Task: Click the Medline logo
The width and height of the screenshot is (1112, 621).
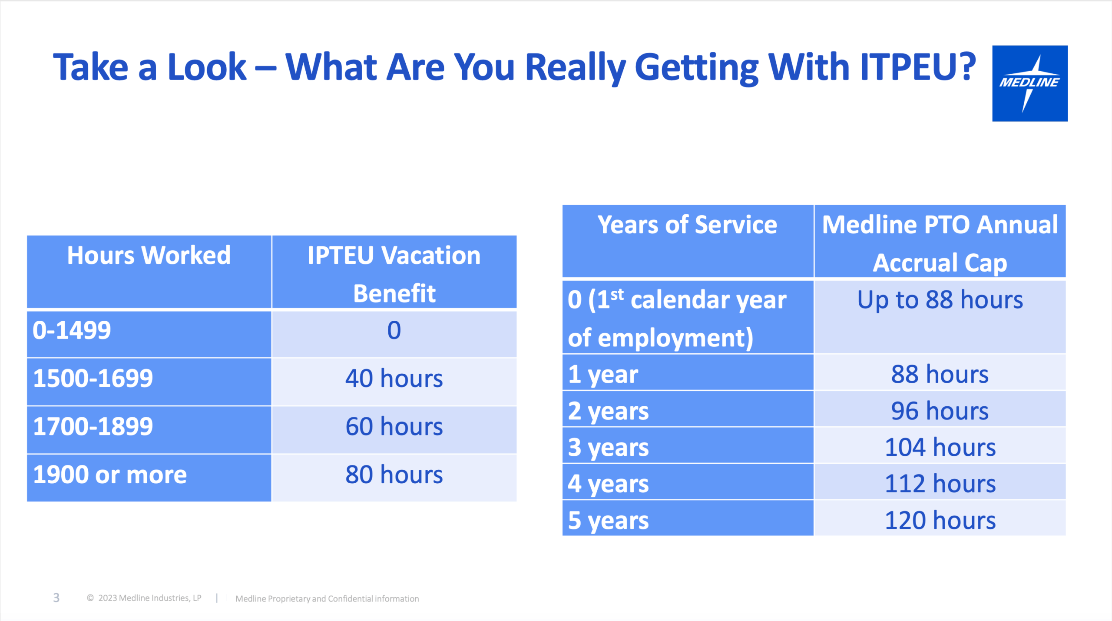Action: click(x=1029, y=83)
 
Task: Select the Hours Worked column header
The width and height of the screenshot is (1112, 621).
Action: click(x=149, y=255)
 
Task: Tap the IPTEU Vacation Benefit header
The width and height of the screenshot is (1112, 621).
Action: click(x=394, y=274)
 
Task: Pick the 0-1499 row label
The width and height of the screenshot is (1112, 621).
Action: click(x=72, y=330)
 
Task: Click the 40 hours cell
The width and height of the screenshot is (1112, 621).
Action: click(x=394, y=378)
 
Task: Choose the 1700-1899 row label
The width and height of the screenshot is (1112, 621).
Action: click(x=93, y=426)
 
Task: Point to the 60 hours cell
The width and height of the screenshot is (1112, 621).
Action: click(x=394, y=426)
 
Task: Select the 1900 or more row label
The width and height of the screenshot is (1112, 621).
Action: click(x=110, y=475)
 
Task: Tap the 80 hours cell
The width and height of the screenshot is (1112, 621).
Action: click(x=394, y=475)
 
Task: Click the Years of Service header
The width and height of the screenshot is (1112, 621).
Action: click(x=687, y=225)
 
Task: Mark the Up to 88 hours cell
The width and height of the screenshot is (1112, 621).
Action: click(x=940, y=300)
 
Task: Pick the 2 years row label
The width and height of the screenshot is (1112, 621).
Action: click(x=608, y=411)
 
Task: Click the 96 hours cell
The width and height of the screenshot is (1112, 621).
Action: click(x=940, y=411)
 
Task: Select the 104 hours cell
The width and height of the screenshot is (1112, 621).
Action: click(x=940, y=448)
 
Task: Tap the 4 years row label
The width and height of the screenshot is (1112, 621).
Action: click(x=608, y=484)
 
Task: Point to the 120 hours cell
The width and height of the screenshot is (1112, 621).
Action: click(x=940, y=521)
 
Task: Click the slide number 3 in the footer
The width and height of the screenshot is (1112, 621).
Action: click(x=56, y=598)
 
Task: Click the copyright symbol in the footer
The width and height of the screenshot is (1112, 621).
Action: click(x=90, y=598)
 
